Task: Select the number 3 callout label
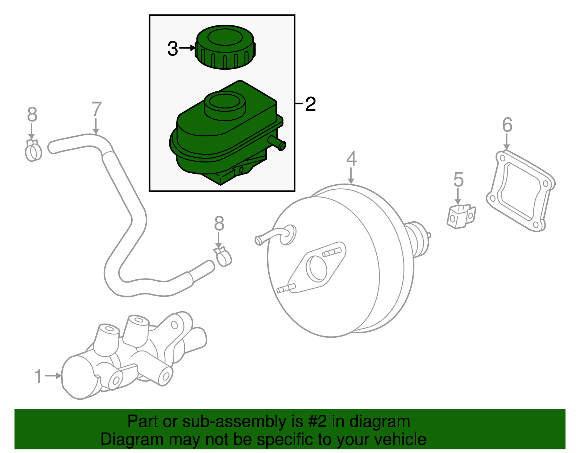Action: [x=173, y=49]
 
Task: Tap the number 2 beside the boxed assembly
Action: [x=310, y=104]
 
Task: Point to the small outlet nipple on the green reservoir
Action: [x=278, y=143]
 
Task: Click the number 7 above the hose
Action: [x=96, y=110]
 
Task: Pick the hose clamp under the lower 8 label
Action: [x=223, y=256]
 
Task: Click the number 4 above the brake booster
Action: [x=351, y=160]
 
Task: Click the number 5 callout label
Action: [x=458, y=180]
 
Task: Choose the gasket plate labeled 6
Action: [x=521, y=191]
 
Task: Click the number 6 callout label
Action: [x=507, y=125]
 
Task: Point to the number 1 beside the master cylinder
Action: [x=38, y=376]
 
